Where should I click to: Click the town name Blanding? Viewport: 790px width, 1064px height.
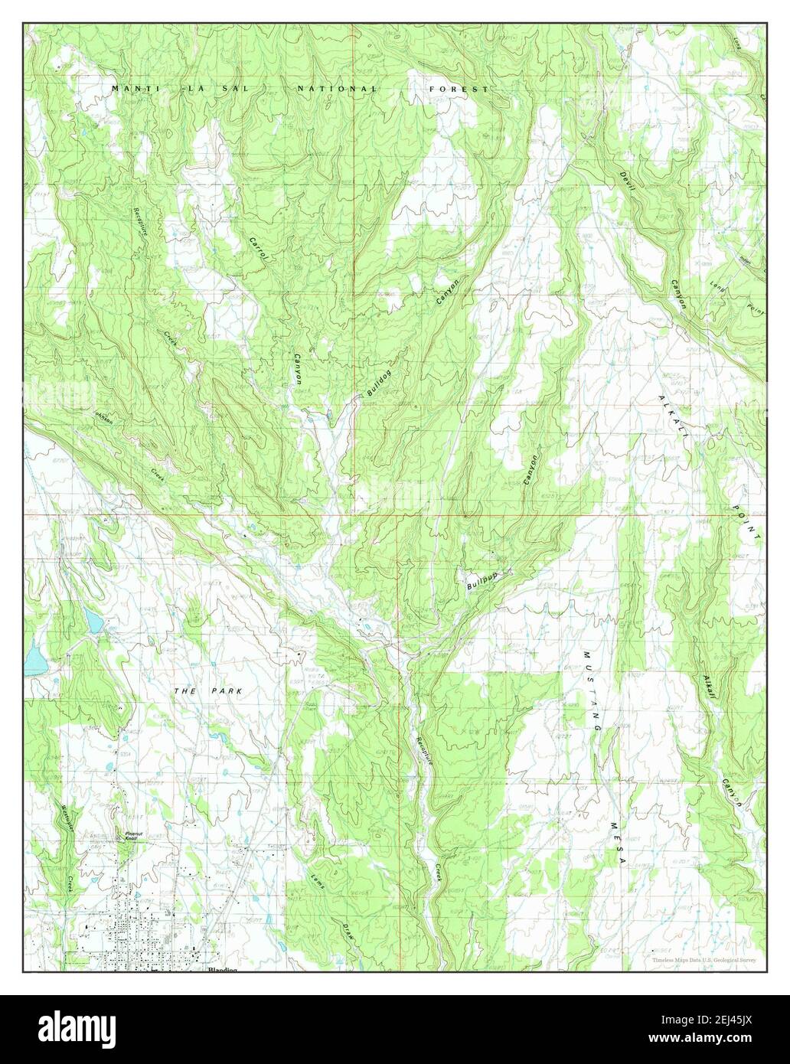pyautogui.click(x=222, y=970)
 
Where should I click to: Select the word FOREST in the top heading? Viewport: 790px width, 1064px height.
pyautogui.click(x=459, y=90)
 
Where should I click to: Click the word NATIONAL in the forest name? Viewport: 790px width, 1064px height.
pyautogui.click(x=338, y=90)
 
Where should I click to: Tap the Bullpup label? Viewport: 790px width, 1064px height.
pyautogui.click(x=480, y=583)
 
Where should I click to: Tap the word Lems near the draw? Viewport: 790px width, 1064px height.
pyautogui.click(x=318, y=881)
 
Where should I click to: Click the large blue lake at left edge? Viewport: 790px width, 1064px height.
pyautogui.click(x=34, y=659)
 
